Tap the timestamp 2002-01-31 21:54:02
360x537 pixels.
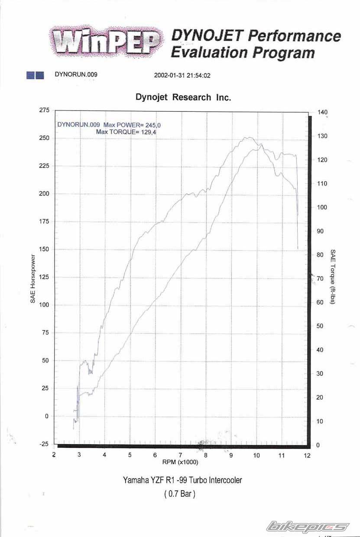182,75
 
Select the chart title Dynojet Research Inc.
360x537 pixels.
183,97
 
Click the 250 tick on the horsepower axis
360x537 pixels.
44,138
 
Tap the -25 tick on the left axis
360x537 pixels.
44,444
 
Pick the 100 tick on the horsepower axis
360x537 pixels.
44,305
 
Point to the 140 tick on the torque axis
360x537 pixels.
322,112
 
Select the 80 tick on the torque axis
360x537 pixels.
321,255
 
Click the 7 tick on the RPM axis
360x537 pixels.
181,455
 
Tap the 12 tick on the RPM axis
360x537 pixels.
307,456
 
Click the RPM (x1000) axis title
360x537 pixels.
180,462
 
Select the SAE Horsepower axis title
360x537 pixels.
33,278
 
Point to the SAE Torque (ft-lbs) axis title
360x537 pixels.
333,276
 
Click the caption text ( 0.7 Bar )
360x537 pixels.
180,493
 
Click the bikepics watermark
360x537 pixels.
308,527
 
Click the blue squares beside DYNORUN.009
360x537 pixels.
35,75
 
